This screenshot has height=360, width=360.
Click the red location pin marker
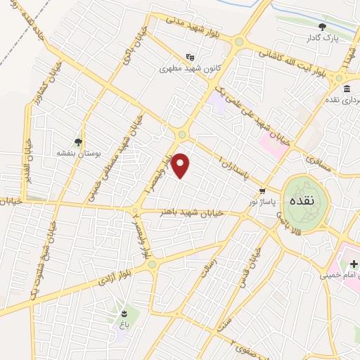pos(181,166)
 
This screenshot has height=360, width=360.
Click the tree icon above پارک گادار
pos(323,27)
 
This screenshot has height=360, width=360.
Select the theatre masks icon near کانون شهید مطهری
pos(189,58)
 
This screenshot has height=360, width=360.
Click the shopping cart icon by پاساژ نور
pos(262,191)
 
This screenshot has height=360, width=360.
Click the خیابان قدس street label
pos(255,262)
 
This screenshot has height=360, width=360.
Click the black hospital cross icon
pos(355,263)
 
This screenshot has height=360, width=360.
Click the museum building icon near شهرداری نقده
pos(347,89)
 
